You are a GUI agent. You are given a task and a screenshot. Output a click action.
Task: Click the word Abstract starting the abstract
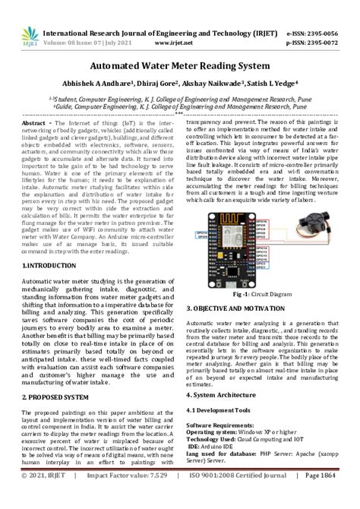click(x=35, y=122)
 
